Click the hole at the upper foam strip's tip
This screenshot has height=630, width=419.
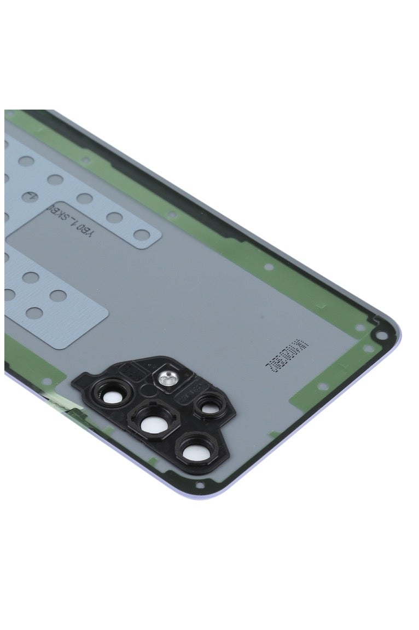(x=143, y=236)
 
